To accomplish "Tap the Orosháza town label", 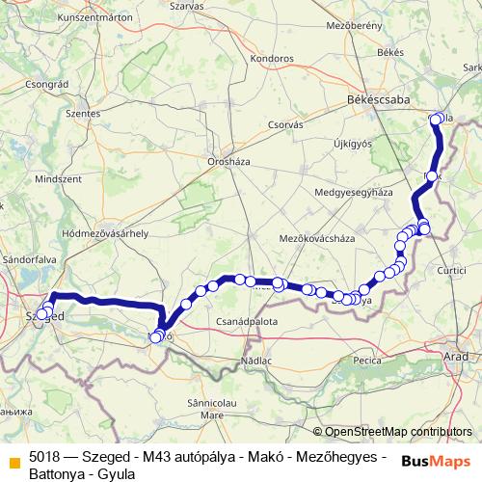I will tap(228, 162).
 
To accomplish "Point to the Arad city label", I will tap(455, 357).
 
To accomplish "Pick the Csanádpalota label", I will tap(247, 321).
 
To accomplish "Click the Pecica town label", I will tap(367, 360).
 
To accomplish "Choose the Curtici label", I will tap(453, 273).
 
